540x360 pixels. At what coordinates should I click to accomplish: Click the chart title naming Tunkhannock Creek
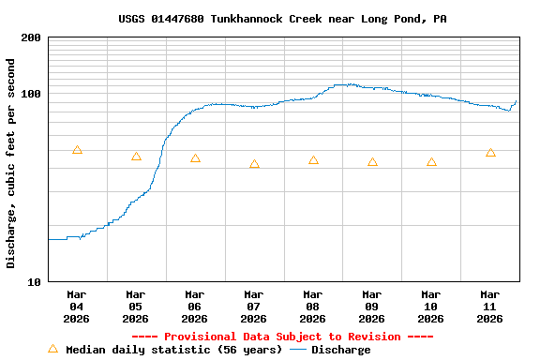282,19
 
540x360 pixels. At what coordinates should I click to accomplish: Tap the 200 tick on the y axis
31,37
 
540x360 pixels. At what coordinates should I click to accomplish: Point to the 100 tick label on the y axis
31,94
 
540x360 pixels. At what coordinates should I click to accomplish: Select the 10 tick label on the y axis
35,281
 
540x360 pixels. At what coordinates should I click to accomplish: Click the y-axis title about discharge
11,163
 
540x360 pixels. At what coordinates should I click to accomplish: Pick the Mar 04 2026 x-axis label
77,306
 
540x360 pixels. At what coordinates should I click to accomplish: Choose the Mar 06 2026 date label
195,306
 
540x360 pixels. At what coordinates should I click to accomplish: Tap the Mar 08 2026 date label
313,306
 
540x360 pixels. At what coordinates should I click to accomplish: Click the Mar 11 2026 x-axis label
490,306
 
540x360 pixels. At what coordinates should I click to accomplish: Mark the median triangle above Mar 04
77,150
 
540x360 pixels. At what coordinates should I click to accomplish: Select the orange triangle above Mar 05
136,157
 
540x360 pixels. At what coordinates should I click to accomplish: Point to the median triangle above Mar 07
254,164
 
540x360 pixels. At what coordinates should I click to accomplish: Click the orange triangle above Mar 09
372,162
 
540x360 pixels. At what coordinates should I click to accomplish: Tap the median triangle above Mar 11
490,153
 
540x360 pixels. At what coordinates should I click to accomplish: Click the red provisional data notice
282,337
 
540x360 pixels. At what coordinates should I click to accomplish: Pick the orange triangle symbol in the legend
52,349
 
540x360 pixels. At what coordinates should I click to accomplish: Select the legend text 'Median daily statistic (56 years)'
173,350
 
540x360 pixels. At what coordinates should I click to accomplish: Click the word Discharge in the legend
340,350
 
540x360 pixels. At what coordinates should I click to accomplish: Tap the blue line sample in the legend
298,350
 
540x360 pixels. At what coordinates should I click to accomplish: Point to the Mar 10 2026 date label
431,306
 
